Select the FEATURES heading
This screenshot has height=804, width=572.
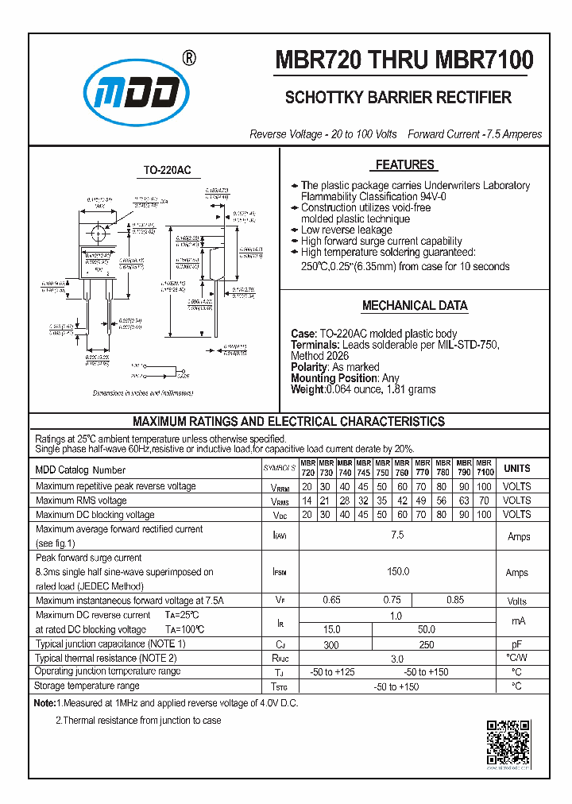(404, 165)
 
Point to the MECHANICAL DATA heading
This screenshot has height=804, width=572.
(415, 306)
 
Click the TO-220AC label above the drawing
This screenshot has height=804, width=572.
(167, 171)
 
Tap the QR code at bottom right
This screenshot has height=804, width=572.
(508, 742)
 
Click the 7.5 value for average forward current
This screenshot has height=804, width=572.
(397, 535)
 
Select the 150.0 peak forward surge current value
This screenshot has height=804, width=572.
(397, 571)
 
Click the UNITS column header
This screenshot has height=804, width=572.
(517, 468)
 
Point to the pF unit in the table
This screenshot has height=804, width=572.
(517, 644)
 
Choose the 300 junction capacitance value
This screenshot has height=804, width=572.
(331, 644)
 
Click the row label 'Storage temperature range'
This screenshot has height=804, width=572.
(87, 686)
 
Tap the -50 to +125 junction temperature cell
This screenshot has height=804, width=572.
(331, 672)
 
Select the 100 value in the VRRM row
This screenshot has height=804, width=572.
(485, 486)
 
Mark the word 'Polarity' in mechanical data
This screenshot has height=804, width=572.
(309, 367)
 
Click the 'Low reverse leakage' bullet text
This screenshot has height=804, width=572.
(346, 230)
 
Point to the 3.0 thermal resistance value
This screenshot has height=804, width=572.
(397, 659)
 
